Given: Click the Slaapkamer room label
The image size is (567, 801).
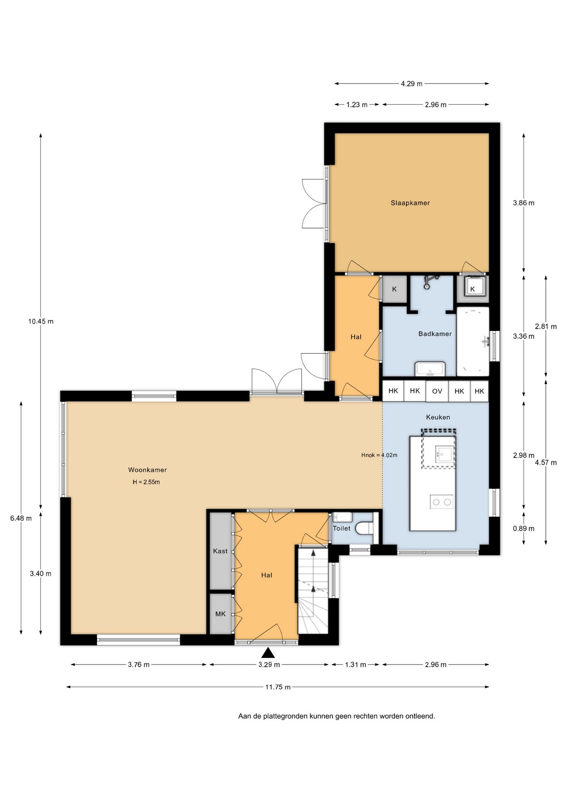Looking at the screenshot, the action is (410, 203).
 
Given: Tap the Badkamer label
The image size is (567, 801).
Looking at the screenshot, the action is (435, 334).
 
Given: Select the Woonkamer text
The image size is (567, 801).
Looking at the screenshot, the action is (147, 470).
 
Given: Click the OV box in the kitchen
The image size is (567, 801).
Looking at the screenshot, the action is (437, 391).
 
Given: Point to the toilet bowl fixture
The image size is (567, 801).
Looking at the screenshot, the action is (364, 529).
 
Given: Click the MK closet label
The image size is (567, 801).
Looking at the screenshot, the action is (220, 614).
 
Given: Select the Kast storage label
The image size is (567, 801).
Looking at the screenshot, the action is (220, 551).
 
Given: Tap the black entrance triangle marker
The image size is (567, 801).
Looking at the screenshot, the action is (268, 653).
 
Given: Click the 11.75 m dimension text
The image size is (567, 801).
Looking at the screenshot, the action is (278, 687).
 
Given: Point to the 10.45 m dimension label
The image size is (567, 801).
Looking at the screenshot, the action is (41, 321).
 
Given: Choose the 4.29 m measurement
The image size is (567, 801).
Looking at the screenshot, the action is (412, 84).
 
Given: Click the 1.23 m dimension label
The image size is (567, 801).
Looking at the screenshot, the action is (357, 105).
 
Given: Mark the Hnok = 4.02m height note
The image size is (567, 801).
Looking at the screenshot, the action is (380, 455).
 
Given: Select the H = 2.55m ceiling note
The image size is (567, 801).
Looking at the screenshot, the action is (146, 482).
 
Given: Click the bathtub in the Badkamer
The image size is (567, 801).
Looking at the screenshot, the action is (473, 342).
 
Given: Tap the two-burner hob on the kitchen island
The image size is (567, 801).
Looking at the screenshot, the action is (442, 502).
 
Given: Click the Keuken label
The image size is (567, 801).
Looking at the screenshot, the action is (438, 417).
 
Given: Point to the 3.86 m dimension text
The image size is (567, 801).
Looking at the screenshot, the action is (524, 203).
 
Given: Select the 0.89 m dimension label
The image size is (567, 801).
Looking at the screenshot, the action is (524, 529).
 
